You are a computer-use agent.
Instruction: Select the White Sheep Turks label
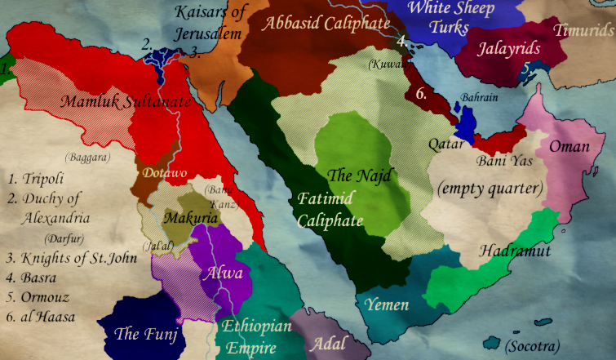click(x=450, y=18)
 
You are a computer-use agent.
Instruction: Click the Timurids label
click(x=583, y=30)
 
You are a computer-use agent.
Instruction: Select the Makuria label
click(x=190, y=219)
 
